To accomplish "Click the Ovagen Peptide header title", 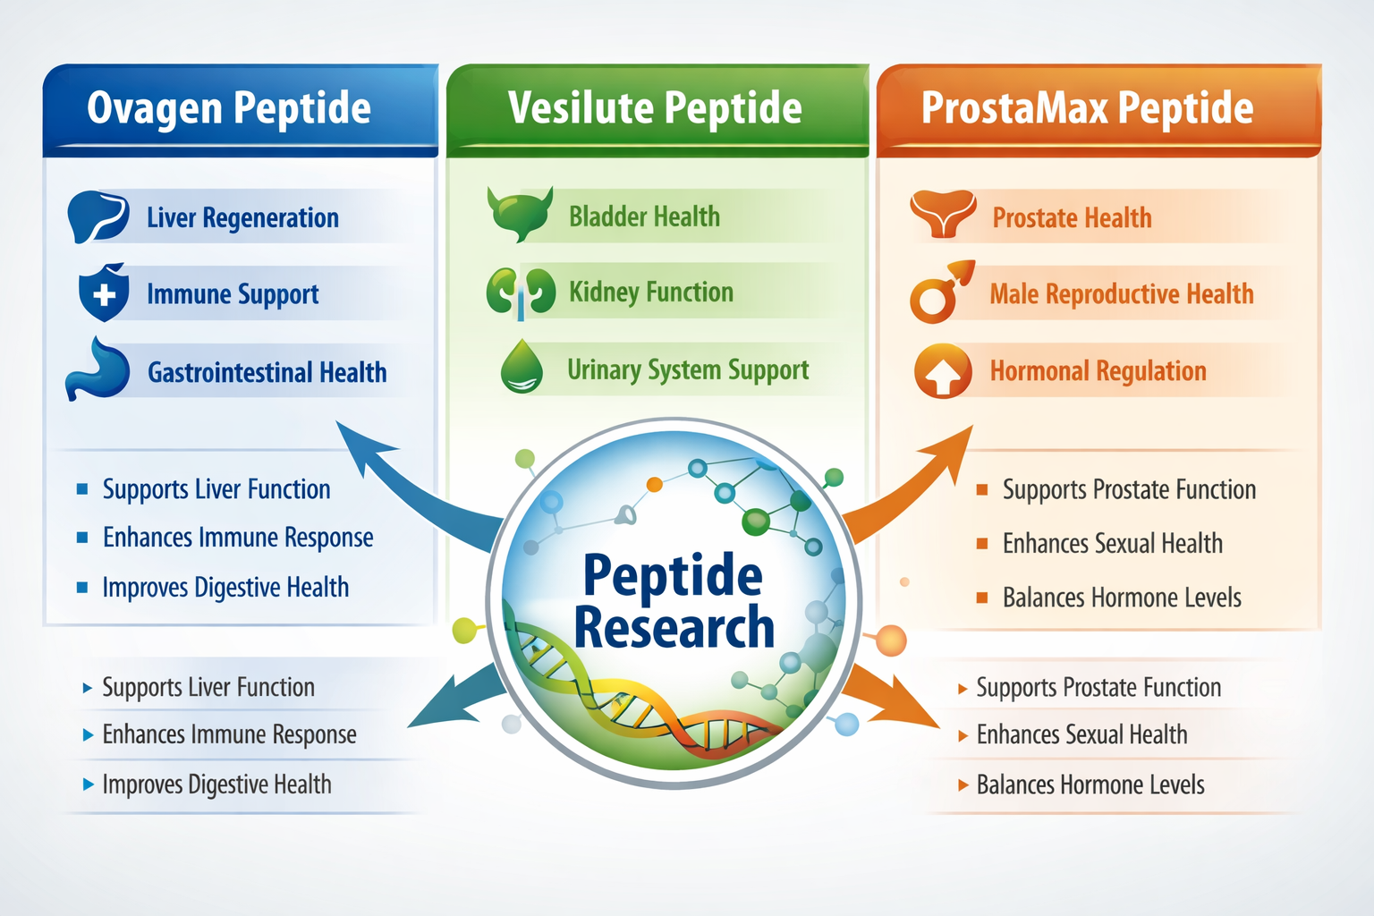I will (x=229, y=108).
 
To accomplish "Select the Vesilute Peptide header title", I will (x=655, y=108).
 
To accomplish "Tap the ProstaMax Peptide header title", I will (x=1087, y=108).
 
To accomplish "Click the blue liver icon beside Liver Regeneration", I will (x=98, y=216).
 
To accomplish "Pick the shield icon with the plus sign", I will (x=104, y=293).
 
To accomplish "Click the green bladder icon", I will (x=520, y=214).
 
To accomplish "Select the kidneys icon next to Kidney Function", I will (x=521, y=292).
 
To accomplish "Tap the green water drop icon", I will (x=522, y=368).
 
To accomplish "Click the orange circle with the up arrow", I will (x=943, y=371).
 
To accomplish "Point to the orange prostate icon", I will (x=943, y=215).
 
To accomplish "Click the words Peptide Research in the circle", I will (x=673, y=600).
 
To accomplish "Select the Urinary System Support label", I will (x=688, y=369).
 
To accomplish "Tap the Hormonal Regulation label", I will (x=1098, y=370).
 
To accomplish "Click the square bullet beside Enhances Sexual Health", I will (x=982, y=544).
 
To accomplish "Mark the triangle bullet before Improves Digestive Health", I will (x=88, y=785).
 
